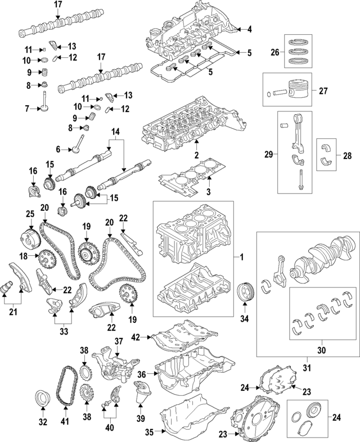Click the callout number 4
(249, 29)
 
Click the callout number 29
(268, 153)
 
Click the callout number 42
(135, 337)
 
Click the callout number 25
(30, 214)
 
